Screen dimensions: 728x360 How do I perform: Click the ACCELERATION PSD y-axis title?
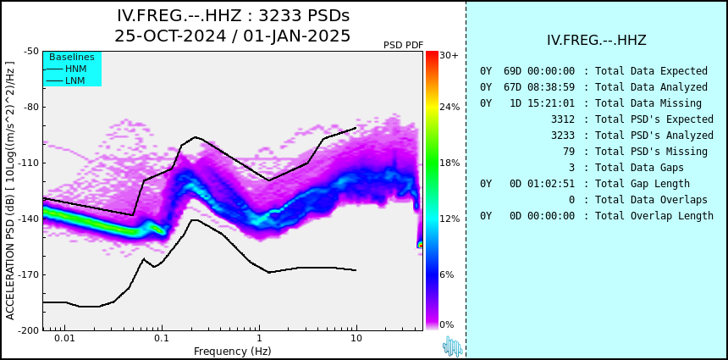(10, 191)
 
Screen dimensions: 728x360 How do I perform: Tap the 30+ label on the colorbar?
(449, 55)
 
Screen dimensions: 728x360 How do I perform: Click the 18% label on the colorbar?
(449, 163)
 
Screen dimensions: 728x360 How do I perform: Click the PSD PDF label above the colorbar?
(404, 45)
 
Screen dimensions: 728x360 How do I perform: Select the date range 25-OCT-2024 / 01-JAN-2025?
(233, 36)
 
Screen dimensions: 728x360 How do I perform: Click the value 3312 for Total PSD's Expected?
(563, 119)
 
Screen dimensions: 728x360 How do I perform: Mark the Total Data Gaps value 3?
(571, 167)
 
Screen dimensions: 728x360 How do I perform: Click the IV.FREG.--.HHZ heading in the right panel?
(597, 40)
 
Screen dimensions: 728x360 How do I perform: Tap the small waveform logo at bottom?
(453, 346)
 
